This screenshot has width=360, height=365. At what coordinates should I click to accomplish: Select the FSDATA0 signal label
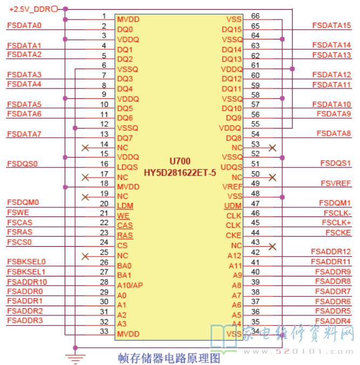(x=24, y=25)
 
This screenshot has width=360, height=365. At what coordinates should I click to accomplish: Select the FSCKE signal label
(x=338, y=232)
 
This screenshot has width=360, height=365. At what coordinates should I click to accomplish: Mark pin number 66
(x=255, y=16)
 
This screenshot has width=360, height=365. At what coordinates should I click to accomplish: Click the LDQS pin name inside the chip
(x=127, y=167)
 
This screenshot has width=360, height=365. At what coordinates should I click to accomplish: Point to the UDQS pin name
(x=232, y=166)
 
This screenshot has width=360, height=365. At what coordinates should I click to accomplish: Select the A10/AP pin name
(x=130, y=285)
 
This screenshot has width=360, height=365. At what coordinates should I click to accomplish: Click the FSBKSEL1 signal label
(x=26, y=271)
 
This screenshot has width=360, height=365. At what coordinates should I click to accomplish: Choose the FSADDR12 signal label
(x=331, y=251)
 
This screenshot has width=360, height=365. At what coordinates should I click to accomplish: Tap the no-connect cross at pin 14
(x=85, y=147)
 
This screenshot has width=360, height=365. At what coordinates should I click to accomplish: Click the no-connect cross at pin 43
(x=273, y=246)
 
